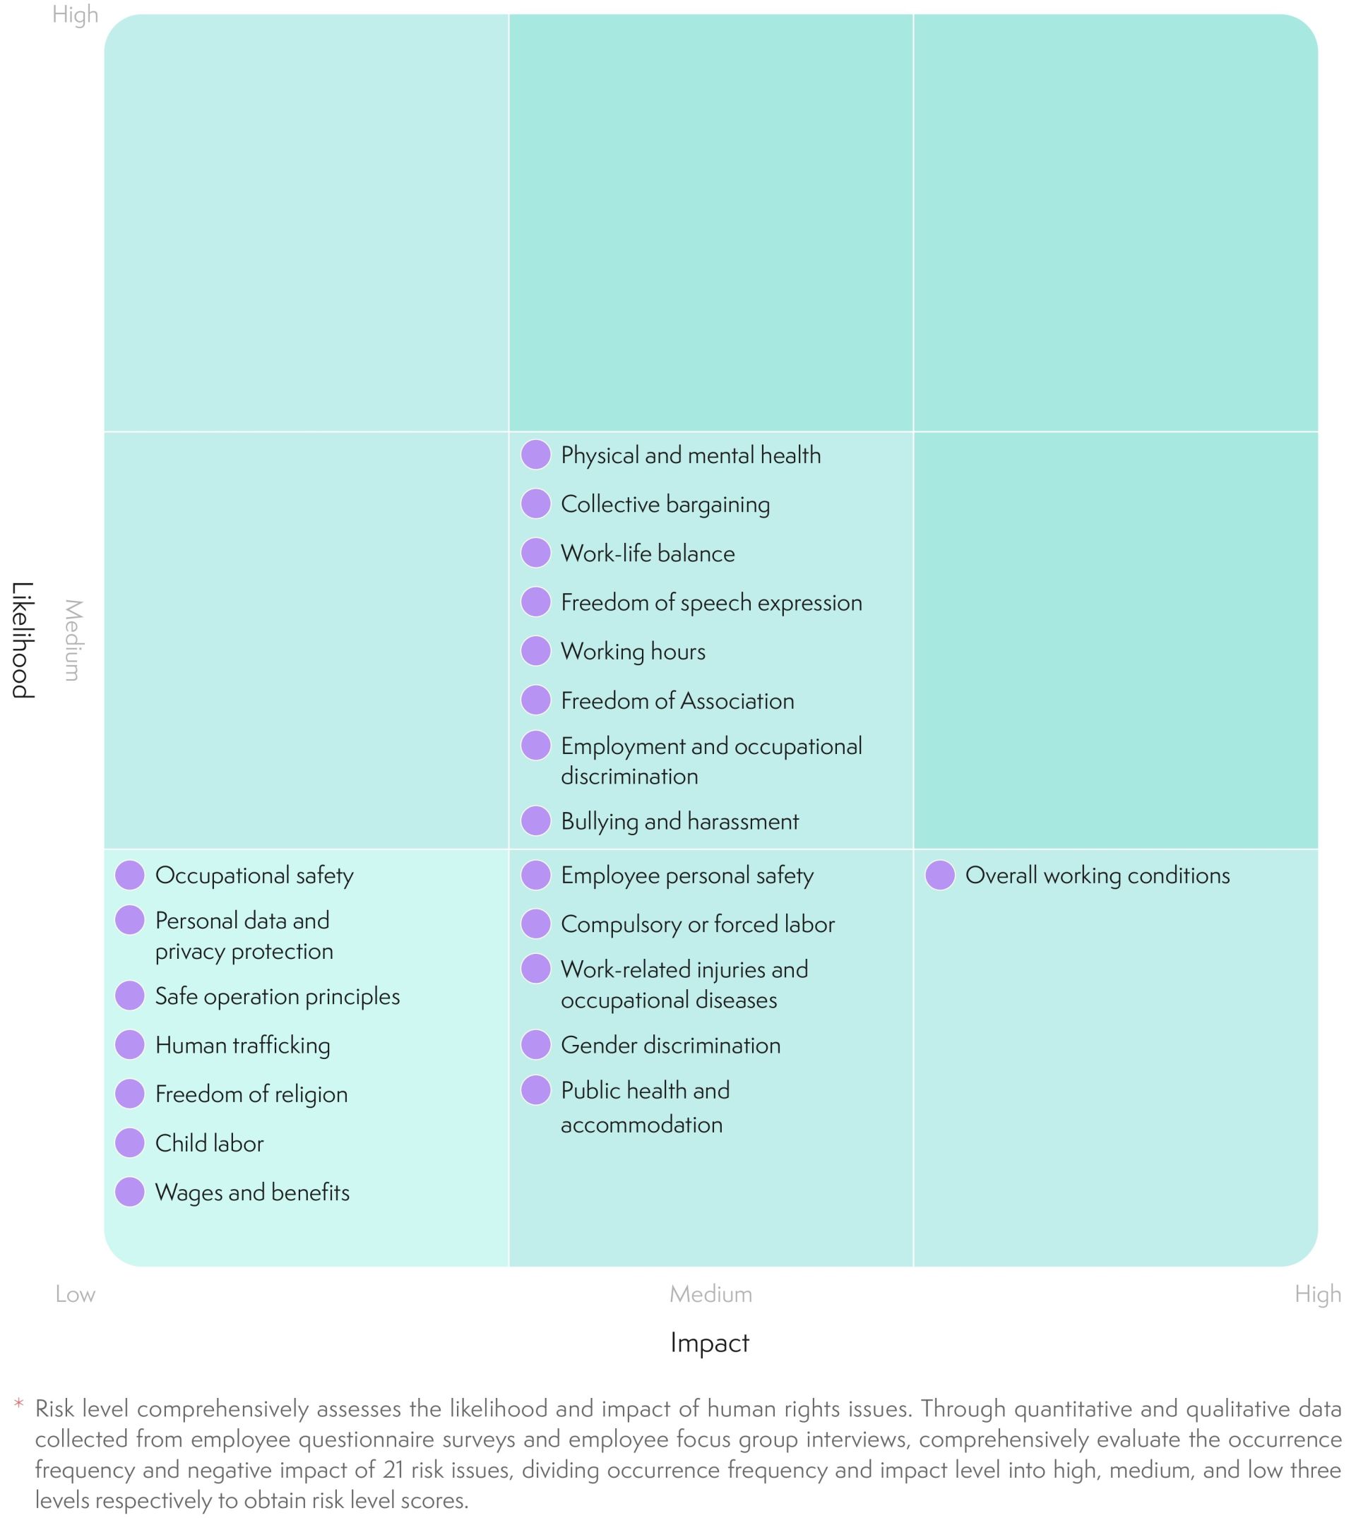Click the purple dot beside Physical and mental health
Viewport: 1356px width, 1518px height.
[x=535, y=455]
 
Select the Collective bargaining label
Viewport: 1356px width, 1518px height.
[x=665, y=504]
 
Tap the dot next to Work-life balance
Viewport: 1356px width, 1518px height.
[x=535, y=553]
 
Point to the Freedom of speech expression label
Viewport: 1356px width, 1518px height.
[x=710, y=602]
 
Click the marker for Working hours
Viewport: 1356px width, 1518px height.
[x=535, y=651]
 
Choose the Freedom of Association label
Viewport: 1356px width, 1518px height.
[x=677, y=700]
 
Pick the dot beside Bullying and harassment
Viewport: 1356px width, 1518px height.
[x=535, y=821]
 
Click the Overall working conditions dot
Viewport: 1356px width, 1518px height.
[x=939, y=875]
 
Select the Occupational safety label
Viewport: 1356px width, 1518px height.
[x=254, y=875]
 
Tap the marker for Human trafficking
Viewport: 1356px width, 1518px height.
[x=130, y=1044]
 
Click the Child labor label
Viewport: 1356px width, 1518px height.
[x=209, y=1143]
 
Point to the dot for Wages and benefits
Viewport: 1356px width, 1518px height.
[x=130, y=1192]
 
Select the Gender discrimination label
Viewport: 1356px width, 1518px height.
[x=670, y=1045]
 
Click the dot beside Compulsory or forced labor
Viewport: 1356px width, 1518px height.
[x=535, y=924]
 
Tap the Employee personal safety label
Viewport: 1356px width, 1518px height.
[x=687, y=875]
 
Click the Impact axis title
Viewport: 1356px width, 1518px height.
[x=709, y=1343]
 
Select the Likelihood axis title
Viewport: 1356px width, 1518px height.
[x=23, y=640]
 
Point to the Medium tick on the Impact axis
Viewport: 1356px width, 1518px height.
[x=710, y=1293]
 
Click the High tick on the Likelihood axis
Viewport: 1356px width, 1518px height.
[x=76, y=15]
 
